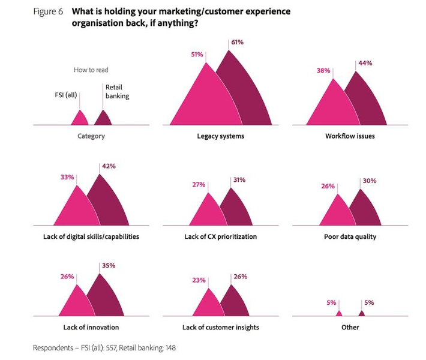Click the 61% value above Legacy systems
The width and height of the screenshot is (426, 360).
(238, 43)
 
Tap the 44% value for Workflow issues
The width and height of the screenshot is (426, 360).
(365, 63)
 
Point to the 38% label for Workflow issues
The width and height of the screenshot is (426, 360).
(323, 70)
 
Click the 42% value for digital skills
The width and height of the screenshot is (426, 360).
(109, 166)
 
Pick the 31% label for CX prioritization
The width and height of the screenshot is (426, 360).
(239, 179)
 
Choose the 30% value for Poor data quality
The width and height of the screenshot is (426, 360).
(369, 180)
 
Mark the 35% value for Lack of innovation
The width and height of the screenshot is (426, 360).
(109, 265)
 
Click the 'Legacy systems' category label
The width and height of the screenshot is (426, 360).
(220, 136)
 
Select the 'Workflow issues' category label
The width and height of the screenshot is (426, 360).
(350, 136)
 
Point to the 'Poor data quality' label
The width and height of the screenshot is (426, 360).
(350, 236)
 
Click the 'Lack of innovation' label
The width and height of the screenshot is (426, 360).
(91, 327)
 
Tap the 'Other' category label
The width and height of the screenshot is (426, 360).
(350, 327)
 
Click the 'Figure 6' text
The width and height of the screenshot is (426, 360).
(48, 11)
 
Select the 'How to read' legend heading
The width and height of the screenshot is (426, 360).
(91, 70)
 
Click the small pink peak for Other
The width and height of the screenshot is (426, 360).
(339, 313)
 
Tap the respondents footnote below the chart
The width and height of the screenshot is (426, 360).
(104, 347)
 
